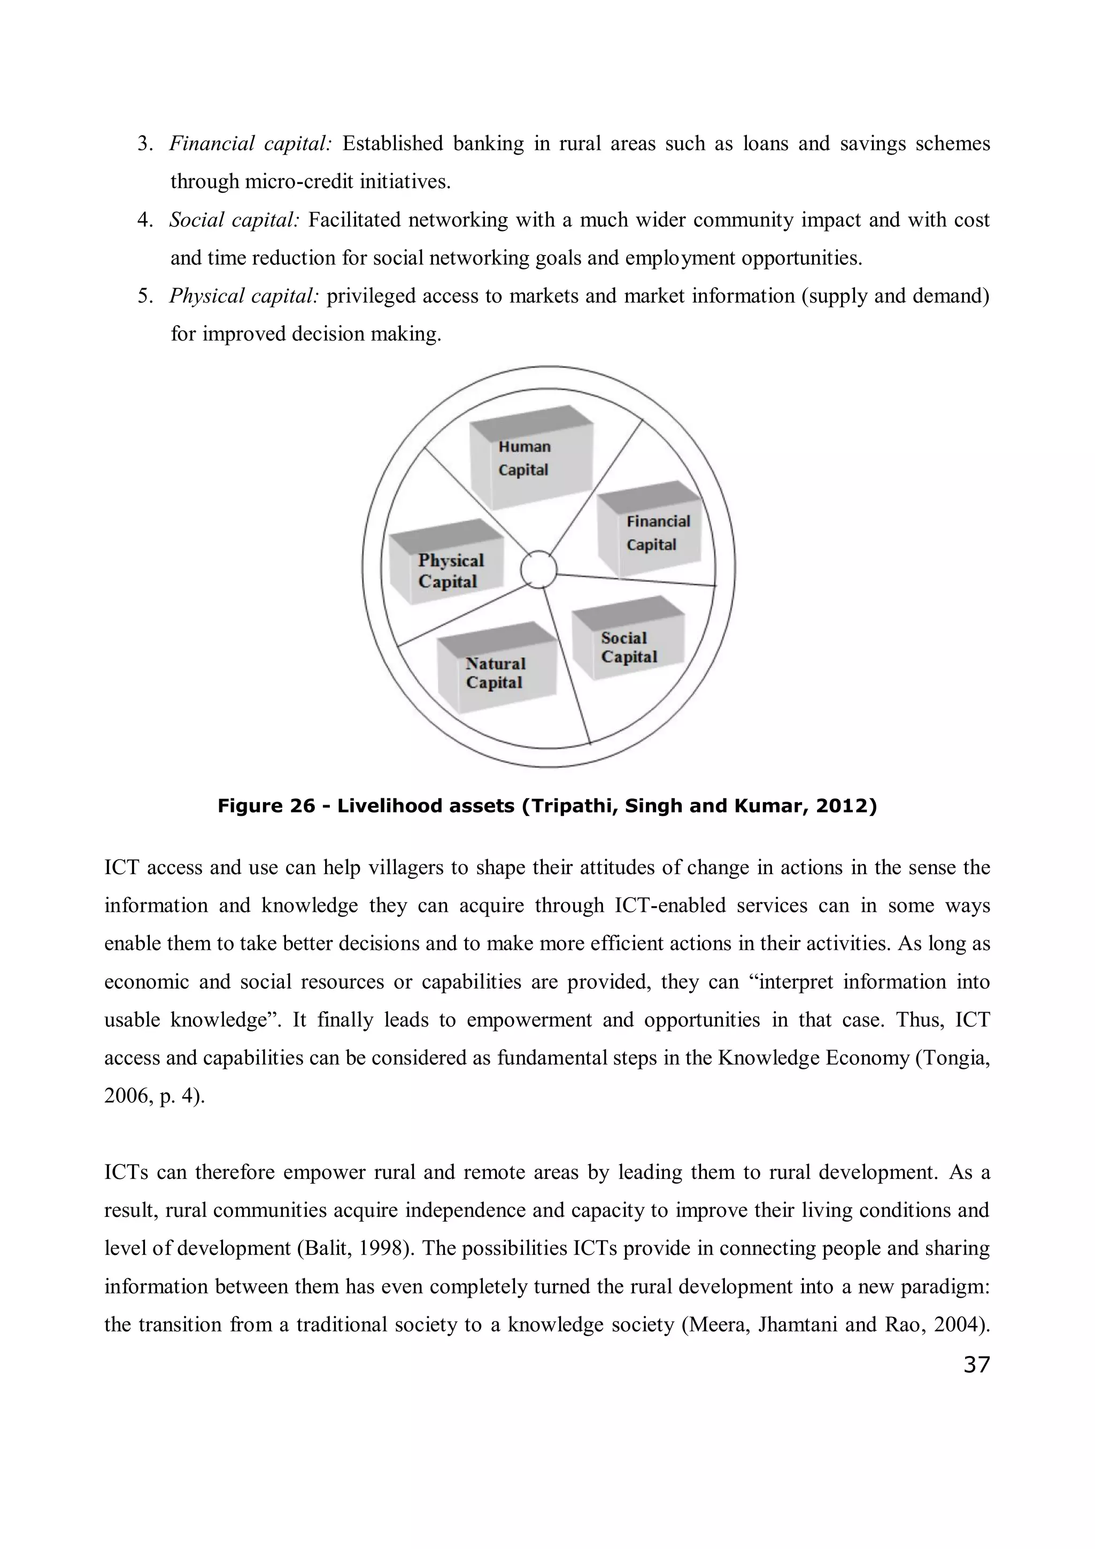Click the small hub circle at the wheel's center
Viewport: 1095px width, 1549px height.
[538, 570]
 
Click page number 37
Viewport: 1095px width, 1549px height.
[976, 1364]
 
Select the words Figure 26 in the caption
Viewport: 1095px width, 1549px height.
[266, 806]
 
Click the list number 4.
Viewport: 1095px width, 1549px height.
[144, 220]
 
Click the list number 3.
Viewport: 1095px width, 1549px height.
[144, 144]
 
